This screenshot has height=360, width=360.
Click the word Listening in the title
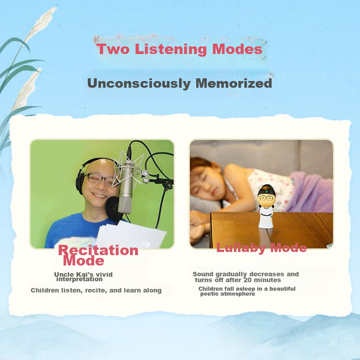point(171,49)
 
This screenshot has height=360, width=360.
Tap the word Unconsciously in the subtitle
point(139,84)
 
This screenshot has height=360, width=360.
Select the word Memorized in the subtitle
point(234,83)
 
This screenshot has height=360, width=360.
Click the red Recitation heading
point(98,250)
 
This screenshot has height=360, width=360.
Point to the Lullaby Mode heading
point(261,248)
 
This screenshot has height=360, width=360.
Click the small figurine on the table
point(266,207)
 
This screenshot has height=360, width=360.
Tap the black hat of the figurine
point(266,190)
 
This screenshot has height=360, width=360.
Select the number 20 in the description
point(247,280)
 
